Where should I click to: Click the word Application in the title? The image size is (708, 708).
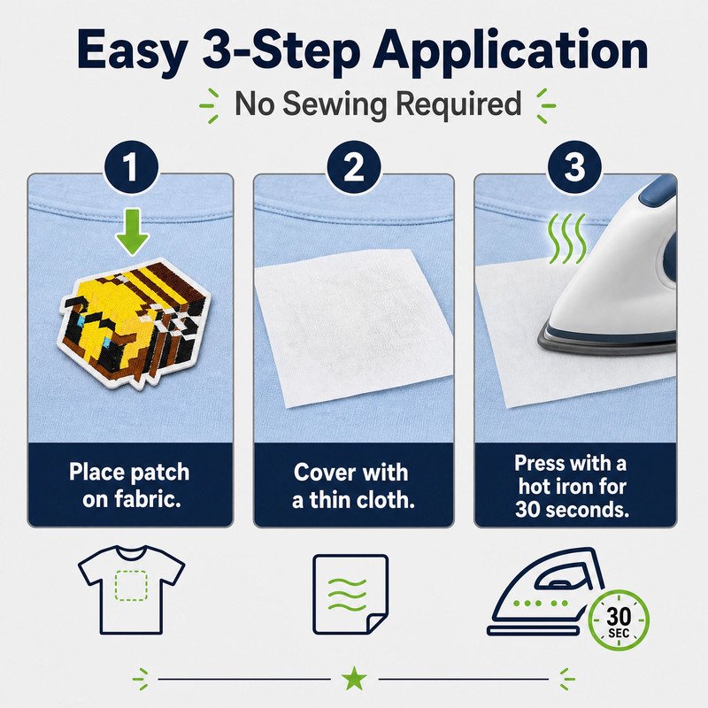pos(511,50)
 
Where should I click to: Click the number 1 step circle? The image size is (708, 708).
pos(131,167)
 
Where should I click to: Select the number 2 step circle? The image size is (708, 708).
pos(353,167)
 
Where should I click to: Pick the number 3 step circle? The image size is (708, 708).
pos(574,167)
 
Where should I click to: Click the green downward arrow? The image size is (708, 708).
pos(131,231)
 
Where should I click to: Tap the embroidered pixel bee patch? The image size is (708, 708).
pos(135,323)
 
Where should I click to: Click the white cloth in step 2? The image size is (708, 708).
pos(353,327)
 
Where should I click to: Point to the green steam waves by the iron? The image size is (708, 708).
pos(567,238)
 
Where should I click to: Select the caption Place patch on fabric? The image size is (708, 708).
pos(130,485)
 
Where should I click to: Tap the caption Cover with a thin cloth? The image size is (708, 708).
pos(352,486)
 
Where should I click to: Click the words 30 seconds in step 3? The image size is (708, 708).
pos(572,510)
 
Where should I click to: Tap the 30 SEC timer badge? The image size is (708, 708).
pos(619,620)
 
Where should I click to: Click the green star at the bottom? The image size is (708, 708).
pos(354,678)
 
